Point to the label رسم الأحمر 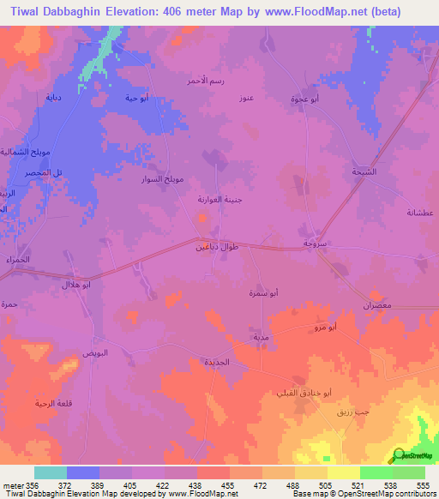(205, 81)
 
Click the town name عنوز (248, 98)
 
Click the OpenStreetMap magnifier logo (399, 454)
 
